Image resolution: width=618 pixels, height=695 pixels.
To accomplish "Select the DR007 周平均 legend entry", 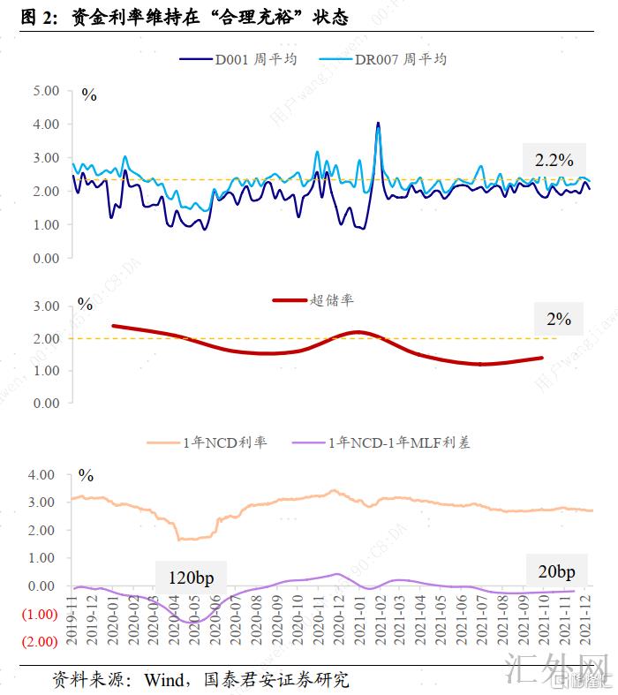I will pyautogui.click(x=400, y=60).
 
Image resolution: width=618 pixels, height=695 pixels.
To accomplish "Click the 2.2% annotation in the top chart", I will pyautogui.click(x=554, y=160).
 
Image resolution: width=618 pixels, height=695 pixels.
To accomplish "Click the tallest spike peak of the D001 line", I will pyautogui.click(x=378, y=124).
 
